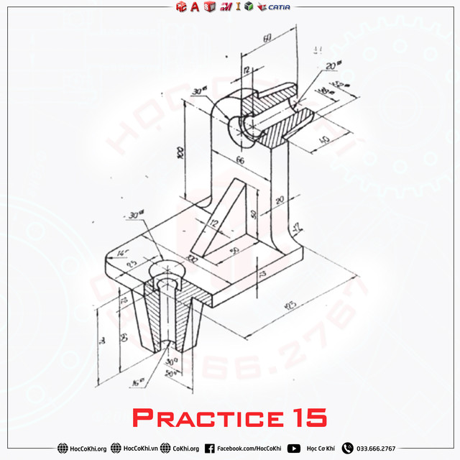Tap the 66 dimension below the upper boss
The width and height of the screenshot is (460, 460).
click(x=240, y=161)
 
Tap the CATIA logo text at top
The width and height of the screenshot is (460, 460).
click(x=277, y=7)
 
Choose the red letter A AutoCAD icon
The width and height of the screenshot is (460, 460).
click(x=195, y=7)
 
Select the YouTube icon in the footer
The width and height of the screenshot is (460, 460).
click(x=294, y=448)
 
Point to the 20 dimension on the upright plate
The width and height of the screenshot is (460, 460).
click(x=280, y=199)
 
